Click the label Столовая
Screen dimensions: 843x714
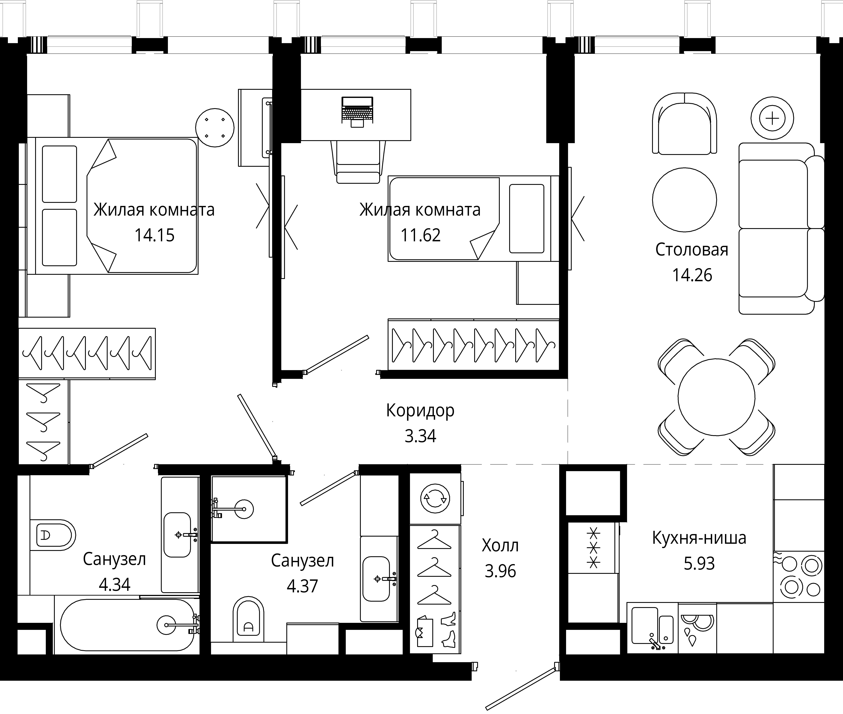click(692, 250)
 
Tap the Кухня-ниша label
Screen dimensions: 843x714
click(699, 538)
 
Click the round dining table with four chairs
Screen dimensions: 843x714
click(716, 397)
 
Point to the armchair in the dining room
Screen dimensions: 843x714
click(684, 123)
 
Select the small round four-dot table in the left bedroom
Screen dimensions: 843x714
click(215, 128)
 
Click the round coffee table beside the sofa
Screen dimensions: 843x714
click(685, 200)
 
